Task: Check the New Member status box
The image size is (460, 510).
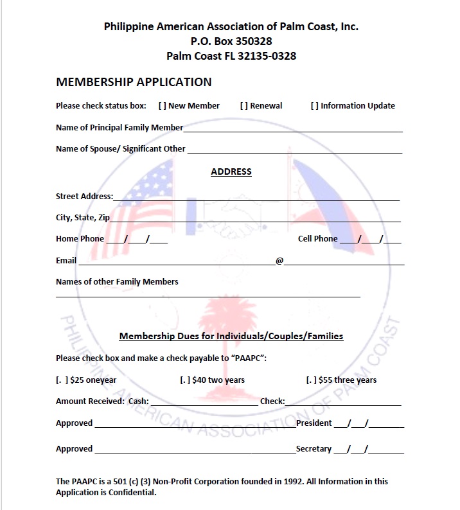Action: [162, 106]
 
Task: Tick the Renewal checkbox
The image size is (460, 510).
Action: [244, 106]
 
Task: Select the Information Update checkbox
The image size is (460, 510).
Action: [315, 106]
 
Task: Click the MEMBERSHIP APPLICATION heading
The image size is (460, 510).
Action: [134, 82]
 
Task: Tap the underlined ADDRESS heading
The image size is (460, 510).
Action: [231, 172]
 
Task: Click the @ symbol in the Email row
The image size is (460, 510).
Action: [279, 261]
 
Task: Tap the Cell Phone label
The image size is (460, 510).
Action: [317, 239]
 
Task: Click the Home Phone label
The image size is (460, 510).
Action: [80, 239]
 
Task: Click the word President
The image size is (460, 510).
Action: [314, 423]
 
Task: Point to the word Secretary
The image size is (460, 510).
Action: [314, 449]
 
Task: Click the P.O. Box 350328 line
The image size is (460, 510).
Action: [231, 41]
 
